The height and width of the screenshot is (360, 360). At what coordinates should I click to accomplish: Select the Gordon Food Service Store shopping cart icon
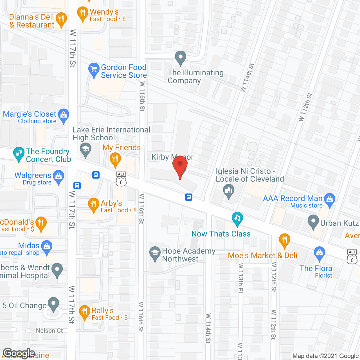click(x=94, y=69)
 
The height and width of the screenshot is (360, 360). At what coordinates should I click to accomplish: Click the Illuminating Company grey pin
click(x=181, y=57)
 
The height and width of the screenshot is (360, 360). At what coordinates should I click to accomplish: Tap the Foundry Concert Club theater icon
click(x=19, y=154)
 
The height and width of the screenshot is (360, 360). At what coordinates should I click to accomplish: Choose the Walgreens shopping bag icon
click(x=58, y=177)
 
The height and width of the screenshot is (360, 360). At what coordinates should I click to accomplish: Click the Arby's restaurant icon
click(x=93, y=204)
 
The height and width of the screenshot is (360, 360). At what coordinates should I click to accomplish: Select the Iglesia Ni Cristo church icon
click(x=229, y=191)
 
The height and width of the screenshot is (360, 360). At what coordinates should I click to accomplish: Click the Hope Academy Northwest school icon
click(x=155, y=253)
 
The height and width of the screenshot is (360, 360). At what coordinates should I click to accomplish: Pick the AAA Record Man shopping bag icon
click(x=330, y=199)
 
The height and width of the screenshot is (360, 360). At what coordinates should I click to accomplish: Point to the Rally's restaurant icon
click(x=84, y=312)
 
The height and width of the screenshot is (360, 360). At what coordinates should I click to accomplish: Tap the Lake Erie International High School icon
click(x=85, y=149)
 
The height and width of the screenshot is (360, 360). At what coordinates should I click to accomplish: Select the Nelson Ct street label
click(x=49, y=331)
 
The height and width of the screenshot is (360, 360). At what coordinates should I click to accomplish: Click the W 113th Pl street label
click(x=241, y=278)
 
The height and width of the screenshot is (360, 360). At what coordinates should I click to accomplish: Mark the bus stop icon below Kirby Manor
click(x=189, y=197)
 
